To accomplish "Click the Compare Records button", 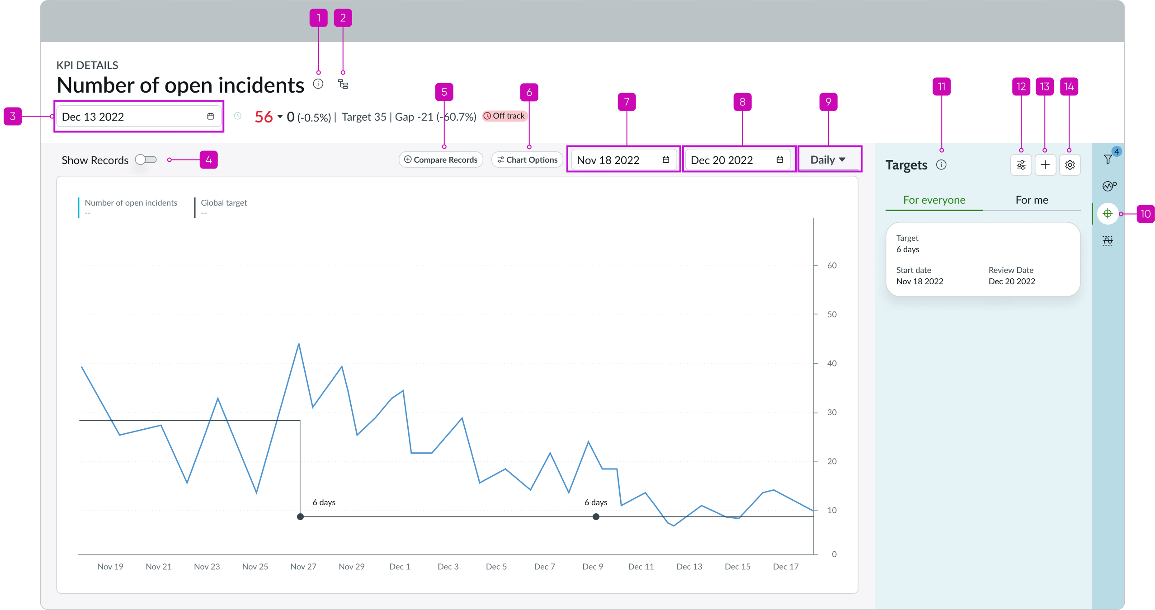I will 441,160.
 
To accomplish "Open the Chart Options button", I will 527,160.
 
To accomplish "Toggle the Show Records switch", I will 146,160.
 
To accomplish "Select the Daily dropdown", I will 828,160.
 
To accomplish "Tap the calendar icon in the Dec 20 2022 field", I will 780,160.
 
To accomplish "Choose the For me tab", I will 1032,200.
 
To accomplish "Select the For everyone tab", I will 934,200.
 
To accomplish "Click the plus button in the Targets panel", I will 1045,165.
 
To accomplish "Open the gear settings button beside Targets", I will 1070,165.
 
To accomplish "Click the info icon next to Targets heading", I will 941,164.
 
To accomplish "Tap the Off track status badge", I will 504,116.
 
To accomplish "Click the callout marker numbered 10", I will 1145,214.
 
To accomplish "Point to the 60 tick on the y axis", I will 832,266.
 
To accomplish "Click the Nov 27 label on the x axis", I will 303,567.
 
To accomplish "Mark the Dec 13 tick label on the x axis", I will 689,567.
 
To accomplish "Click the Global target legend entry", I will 224,203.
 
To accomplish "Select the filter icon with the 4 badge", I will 1108,159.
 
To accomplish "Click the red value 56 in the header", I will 264,117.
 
